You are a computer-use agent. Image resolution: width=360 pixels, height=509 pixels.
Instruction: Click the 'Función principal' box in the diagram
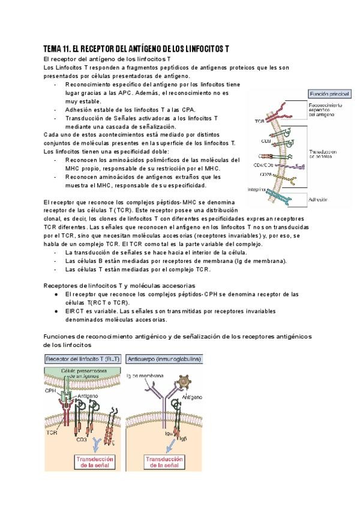tap(328, 94)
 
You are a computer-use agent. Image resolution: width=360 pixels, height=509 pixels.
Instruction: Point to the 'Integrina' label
tap(257, 190)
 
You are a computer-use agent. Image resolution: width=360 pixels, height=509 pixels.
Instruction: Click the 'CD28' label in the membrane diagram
tap(265, 174)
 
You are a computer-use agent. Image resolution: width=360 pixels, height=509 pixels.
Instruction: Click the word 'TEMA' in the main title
tap(55, 49)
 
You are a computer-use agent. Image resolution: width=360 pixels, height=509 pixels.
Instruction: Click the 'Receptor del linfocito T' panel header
tap(82, 358)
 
